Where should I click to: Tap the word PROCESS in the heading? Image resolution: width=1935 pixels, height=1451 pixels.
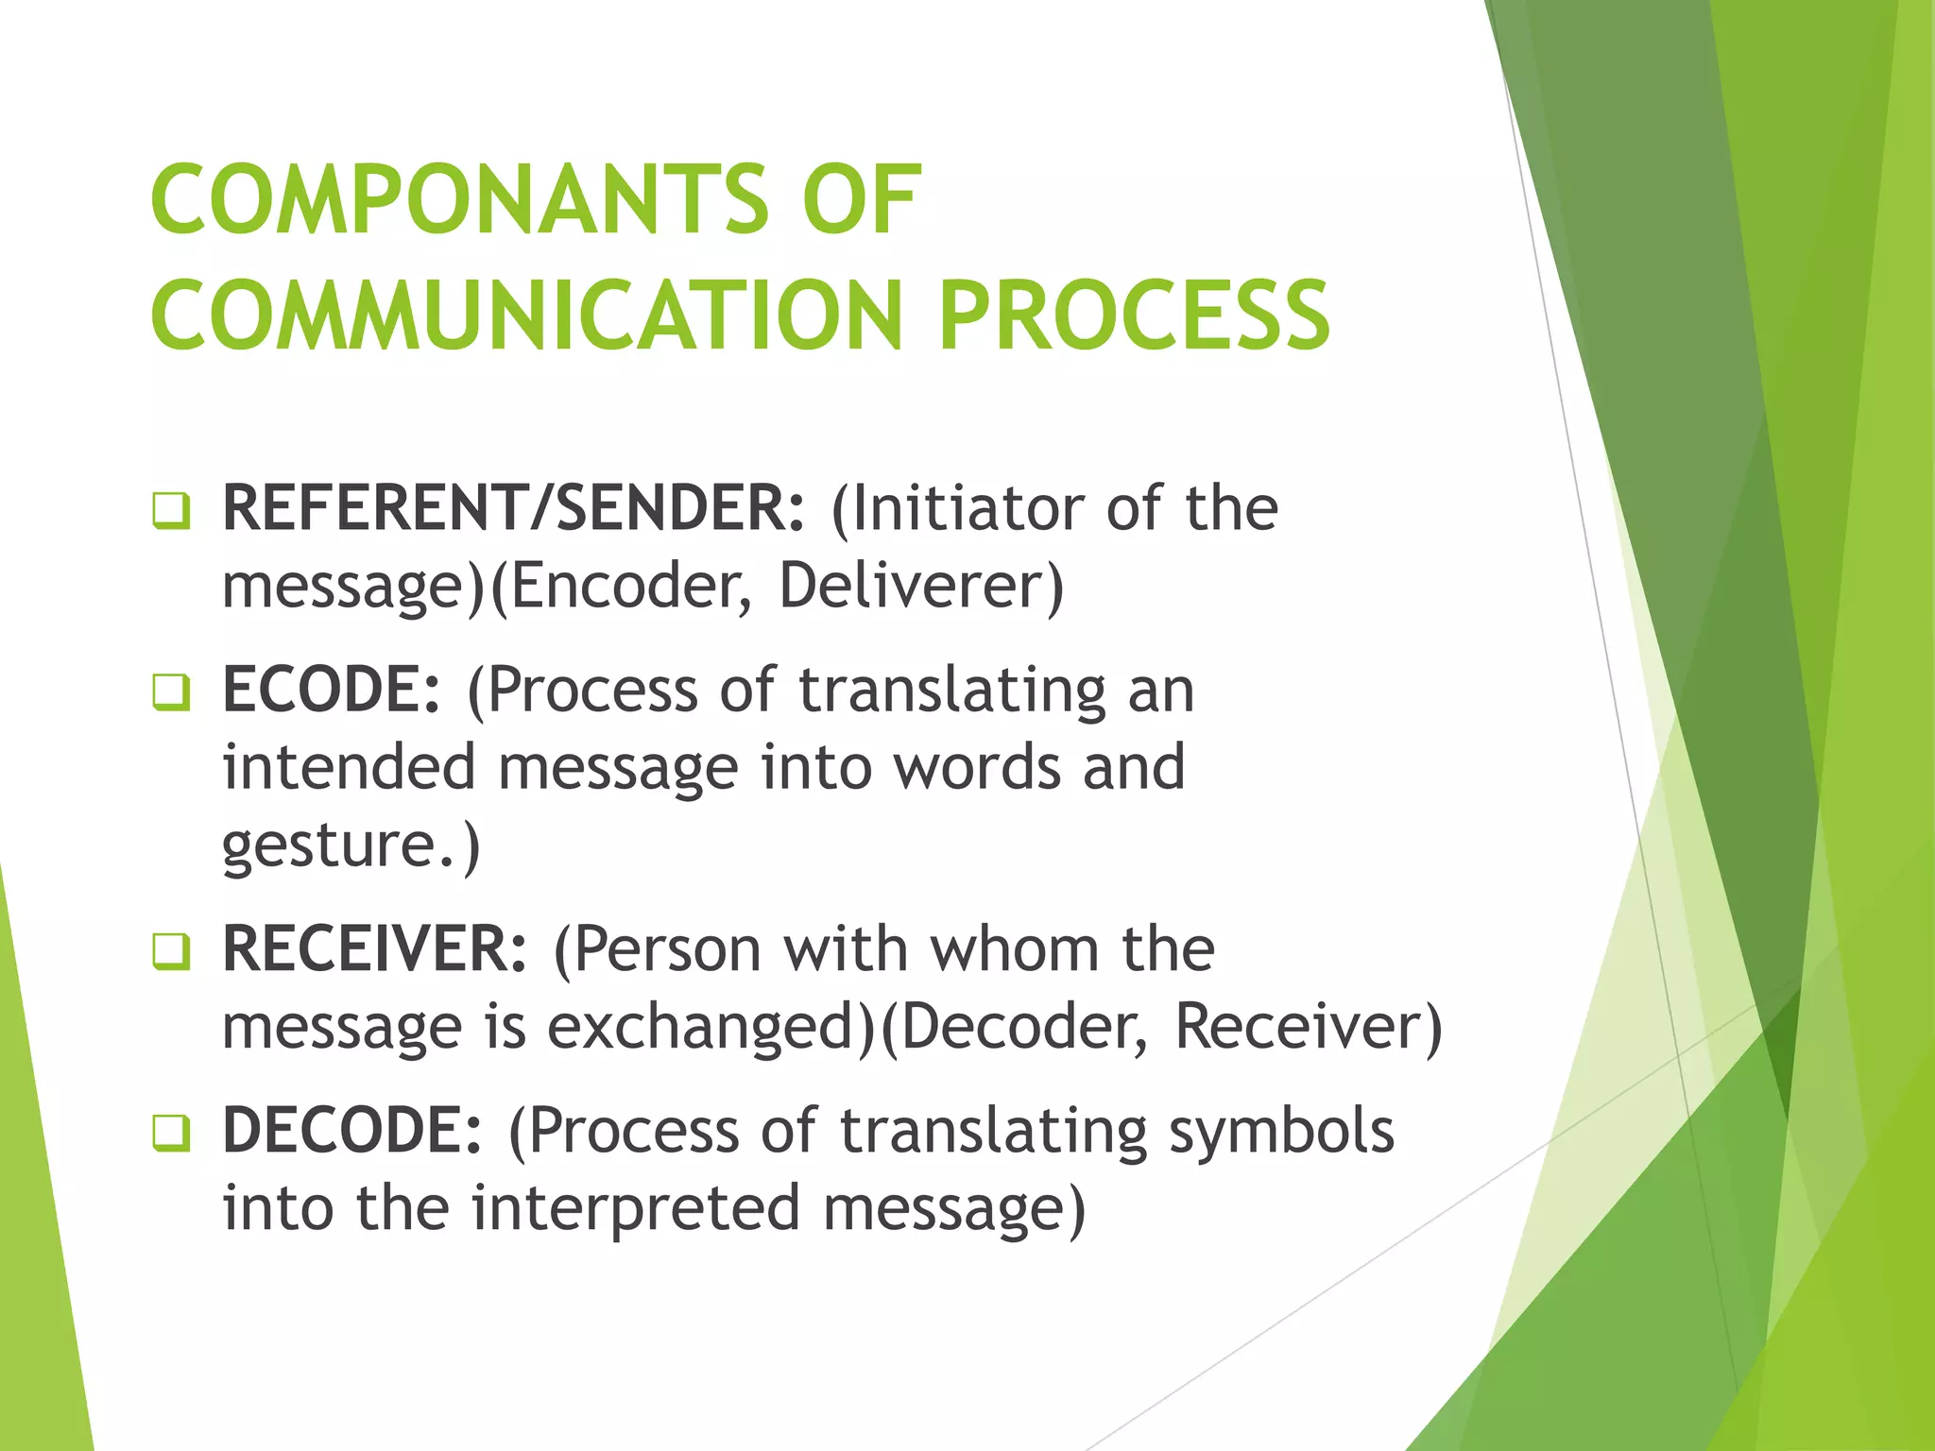coord(1134,316)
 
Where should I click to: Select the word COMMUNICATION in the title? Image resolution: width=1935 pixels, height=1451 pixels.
coord(527,316)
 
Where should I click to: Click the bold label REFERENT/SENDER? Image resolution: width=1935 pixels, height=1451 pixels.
coord(514,508)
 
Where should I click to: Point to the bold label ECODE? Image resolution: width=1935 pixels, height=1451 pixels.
coord(332,690)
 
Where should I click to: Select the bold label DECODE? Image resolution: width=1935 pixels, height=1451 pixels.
coord(352,1131)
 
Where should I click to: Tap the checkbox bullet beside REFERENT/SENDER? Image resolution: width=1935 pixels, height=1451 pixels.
coord(171,512)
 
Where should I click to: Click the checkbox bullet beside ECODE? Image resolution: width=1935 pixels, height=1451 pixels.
coord(171,693)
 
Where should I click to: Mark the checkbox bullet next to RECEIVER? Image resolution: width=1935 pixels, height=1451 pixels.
coord(171,952)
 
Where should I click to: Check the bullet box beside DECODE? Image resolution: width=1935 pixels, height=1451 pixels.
coord(171,1134)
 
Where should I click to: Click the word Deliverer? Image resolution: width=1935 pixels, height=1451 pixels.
coord(913,586)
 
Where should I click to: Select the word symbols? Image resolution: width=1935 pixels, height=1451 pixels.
coord(1281,1131)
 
